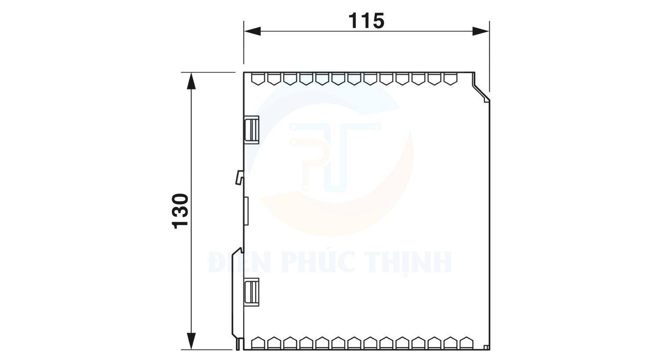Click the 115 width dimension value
pyautogui.click(x=366, y=21)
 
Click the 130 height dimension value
pyautogui.click(x=181, y=211)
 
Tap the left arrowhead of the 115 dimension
pyautogui.click(x=253, y=31)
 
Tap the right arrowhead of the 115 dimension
pyautogui.click(x=481, y=31)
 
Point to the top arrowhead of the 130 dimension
pyautogui.click(x=191, y=81)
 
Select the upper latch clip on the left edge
pyautogui.click(x=251, y=130)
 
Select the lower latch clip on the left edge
pyautogui.click(x=251, y=292)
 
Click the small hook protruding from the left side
pyautogui.click(x=239, y=177)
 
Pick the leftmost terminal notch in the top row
pyautogui.click(x=258, y=79)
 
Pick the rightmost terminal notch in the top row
pyautogui.click(x=450, y=79)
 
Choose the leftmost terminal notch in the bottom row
pyautogui.click(x=258, y=343)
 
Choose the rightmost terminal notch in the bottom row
pyautogui.click(x=466, y=343)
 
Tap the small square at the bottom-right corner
pyautogui.click(x=486, y=348)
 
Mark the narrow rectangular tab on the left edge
pyautogui.click(x=246, y=211)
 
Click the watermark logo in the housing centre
pyautogui.click(x=334, y=158)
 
